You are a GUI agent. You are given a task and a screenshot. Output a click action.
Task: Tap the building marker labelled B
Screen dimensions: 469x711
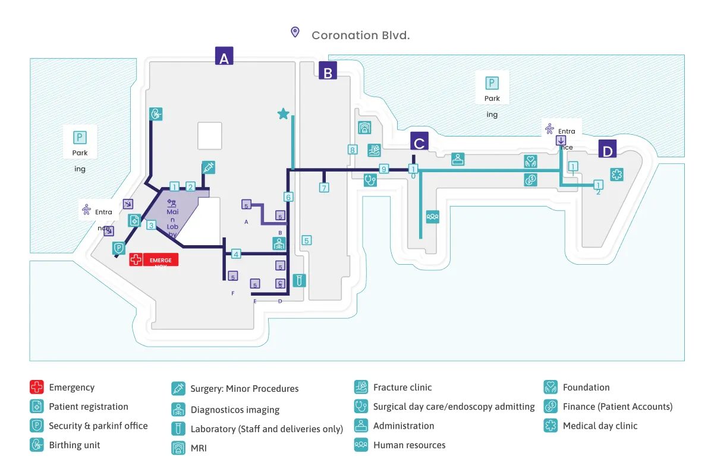328,71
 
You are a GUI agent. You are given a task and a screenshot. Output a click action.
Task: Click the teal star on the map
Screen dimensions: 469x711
284,113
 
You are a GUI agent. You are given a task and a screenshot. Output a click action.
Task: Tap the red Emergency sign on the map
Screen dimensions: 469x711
154,259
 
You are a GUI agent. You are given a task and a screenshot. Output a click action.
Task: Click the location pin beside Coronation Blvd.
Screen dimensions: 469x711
295,32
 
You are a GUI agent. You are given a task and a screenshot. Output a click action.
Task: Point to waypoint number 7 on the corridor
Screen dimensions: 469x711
324,188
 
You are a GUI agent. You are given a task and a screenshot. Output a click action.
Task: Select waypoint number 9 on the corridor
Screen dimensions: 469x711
383,169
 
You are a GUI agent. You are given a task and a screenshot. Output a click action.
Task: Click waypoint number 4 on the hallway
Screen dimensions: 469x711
236,253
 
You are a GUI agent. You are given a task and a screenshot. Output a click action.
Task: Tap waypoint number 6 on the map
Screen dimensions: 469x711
288,197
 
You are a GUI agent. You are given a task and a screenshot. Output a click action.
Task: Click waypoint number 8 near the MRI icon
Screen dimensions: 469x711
352,150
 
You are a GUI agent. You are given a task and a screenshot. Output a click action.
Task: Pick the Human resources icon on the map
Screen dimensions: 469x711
432,217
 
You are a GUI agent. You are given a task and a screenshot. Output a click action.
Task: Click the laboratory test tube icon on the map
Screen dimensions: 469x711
300,280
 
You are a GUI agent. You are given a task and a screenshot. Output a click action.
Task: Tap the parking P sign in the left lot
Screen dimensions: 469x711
80,138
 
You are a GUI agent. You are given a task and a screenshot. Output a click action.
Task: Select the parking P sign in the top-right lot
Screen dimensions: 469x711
492,83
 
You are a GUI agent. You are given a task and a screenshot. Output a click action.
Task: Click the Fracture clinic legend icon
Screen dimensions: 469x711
360,388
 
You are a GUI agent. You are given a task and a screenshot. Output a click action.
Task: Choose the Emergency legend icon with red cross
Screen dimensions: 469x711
37,388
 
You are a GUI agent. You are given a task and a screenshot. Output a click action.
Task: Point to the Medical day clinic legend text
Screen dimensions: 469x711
600,426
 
